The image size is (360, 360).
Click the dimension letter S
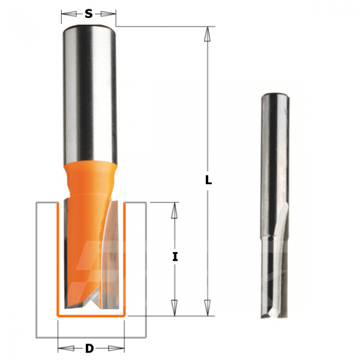(88, 14)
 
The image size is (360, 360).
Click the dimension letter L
(208, 180)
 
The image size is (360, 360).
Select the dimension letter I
(175, 257)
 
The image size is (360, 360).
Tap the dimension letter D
(89, 349)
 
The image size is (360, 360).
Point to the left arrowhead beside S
(69, 14)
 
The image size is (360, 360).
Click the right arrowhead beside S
(108, 14)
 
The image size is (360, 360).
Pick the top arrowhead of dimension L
(207, 34)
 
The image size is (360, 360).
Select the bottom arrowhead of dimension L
(207, 308)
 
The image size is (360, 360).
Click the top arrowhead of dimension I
(174, 210)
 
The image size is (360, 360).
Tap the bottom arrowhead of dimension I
(174, 308)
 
